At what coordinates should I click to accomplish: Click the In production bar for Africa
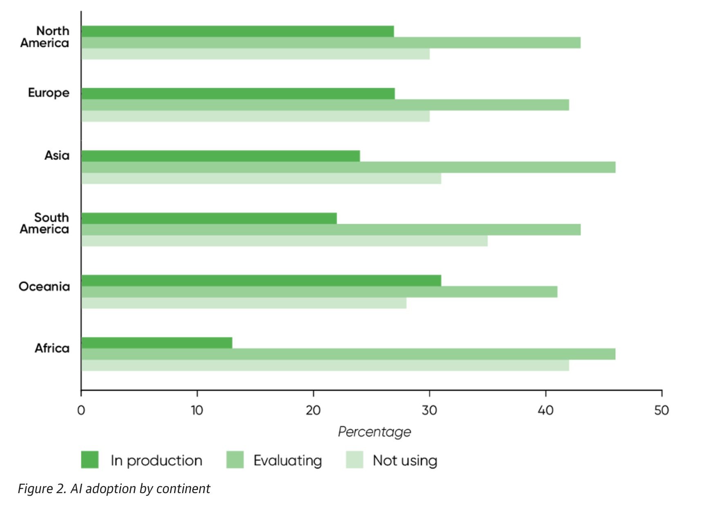pos(157,343)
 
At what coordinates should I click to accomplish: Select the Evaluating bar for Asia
pos(348,167)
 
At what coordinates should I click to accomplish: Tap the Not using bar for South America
pos(285,241)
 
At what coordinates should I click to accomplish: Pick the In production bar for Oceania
pos(261,281)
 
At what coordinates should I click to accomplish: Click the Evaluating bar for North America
pos(331,43)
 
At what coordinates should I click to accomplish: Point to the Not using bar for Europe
pos(256,116)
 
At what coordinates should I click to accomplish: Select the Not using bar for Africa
pos(325,365)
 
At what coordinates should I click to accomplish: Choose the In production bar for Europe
pos(238,94)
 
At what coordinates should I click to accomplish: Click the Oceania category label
pos(44,286)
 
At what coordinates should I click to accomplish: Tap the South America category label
pos(45,223)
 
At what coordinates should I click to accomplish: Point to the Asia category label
pos(57,156)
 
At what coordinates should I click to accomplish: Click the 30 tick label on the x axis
pos(429,410)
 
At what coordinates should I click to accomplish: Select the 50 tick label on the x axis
pos(661,410)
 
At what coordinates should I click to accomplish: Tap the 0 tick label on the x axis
pos(81,410)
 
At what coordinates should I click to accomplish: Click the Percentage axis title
pos(374,432)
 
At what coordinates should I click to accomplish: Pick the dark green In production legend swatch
pos(90,460)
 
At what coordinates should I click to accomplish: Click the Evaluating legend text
pos(288,461)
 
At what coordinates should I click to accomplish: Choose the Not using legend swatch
pos(354,460)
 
